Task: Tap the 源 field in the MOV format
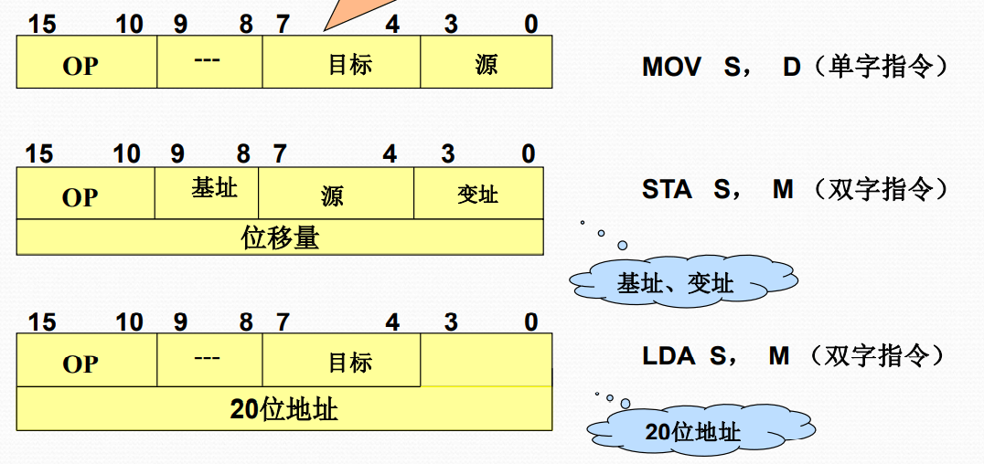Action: [x=486, y=63]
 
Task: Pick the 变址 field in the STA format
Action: [x=478, y=194]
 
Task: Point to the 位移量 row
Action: [x=280, y=237]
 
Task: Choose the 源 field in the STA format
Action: [x=336, y=194]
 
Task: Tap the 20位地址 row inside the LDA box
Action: [x=283, y=408]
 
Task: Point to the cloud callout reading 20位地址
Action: [x=692, y=431]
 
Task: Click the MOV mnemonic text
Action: [x=671, y=67]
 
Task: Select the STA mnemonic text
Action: [x=666, y=190]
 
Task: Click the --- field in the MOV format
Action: [x=209, y=63]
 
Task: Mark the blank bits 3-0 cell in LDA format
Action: [x=486, y=361]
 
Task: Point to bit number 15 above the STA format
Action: [x=39, y=153]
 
